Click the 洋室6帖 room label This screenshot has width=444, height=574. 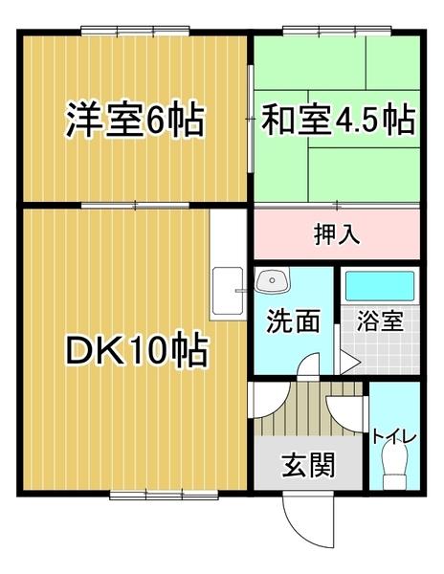(x=134, y=121)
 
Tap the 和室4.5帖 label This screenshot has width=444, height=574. (x=337, y=121)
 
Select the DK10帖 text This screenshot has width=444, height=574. (x=137, y=353)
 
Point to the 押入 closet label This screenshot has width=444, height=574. (x=337, y=234)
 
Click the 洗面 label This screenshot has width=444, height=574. (x=293, y=321)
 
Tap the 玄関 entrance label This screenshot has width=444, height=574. (x=307, y=466)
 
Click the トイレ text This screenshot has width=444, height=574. (x=394, y=436)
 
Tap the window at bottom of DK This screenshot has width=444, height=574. (x=148, y=494)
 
